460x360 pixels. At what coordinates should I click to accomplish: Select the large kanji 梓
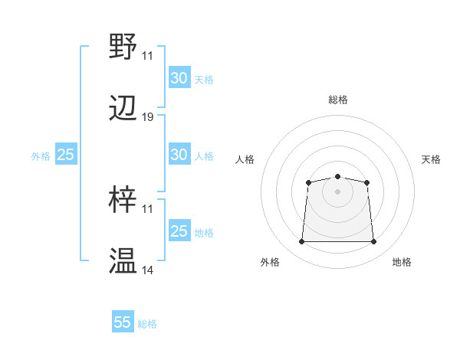coord(123,198)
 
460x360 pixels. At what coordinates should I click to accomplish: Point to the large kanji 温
coord(123,261)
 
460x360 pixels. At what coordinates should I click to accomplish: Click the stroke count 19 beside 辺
coord(148,117)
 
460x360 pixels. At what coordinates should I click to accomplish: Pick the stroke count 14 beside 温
coord(148,270)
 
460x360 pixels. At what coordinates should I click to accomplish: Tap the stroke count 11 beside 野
coord(148,55)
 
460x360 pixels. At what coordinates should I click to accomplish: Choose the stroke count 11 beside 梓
coord(148,208)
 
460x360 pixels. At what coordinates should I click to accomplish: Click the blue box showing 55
coord(123,322)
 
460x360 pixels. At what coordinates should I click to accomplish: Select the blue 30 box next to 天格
coord(179,78)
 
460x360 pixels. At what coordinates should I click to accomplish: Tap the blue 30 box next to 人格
coord(179,155)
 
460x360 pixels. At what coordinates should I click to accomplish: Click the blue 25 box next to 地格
coord(179,231)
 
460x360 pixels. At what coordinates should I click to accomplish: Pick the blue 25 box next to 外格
coord(65,155)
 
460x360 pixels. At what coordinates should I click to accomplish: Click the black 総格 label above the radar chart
coord(338,100)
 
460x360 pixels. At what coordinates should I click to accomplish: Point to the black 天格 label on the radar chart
coord(431,159)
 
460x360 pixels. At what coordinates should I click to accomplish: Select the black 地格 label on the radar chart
coord(402,262)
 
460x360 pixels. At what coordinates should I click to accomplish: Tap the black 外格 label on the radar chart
coord(270,262)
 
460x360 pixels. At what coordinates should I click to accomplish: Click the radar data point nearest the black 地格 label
coord(373,242)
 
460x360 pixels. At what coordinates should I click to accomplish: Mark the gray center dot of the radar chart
coord(337,191)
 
